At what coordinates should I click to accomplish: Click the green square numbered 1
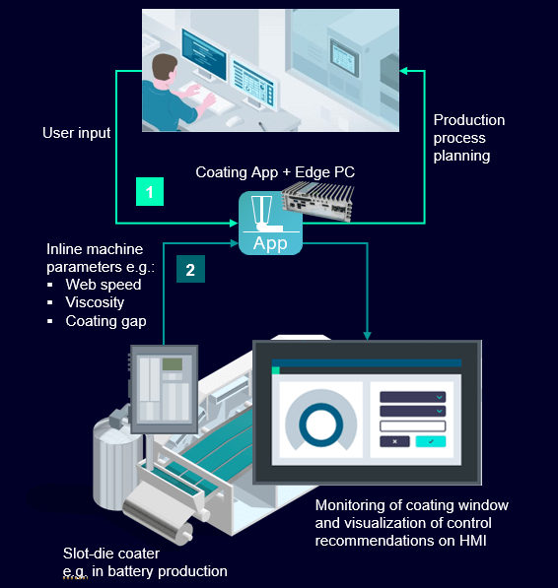[x=150, y=192]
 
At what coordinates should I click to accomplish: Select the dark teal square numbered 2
[x=190, y=269]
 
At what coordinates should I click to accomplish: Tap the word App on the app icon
[x=270, y=243]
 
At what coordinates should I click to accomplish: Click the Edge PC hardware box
[x=318, y=201]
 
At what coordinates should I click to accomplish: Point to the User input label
[x=77, y=133]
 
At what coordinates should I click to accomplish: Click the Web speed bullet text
[x=104, y=285]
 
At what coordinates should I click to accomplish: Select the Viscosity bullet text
[x=95, y=302]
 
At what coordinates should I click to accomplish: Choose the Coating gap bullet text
[x=105, y=321]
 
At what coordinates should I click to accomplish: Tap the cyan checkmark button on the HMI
[x=431, y=441]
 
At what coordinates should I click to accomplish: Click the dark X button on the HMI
[x=394, y=441]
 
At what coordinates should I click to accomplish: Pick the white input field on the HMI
[x=413, y=426]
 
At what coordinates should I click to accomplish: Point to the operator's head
[x=165, y=69]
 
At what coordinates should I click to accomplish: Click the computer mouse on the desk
[x=233, y=121]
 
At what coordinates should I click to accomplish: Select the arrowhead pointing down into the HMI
[x=368, y=336]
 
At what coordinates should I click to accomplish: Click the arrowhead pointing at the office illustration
[x=404, y=71]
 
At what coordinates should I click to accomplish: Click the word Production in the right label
[x=469, y=120]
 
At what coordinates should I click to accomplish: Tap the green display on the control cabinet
[x=173, y=363]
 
